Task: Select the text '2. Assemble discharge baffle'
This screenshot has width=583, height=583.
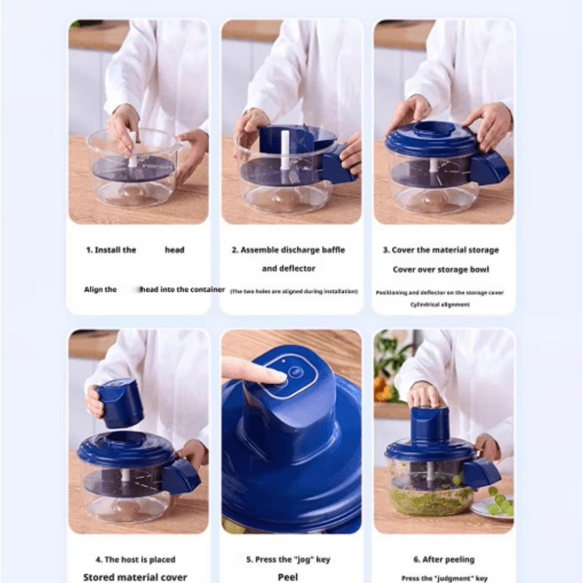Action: tap(289, 250)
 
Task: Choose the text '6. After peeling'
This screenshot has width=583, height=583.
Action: tap(444, 560)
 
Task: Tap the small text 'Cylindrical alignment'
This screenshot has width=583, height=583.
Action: tap(439, 305)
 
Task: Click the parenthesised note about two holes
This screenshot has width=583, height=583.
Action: tap(294, 291)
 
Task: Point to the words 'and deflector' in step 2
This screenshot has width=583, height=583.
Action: tap(289, 268)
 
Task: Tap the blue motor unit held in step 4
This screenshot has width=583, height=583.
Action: tap(120, 402)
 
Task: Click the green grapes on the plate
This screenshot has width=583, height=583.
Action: tap(498, 504)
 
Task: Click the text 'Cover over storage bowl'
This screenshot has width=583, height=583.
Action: tap(441, 270)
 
